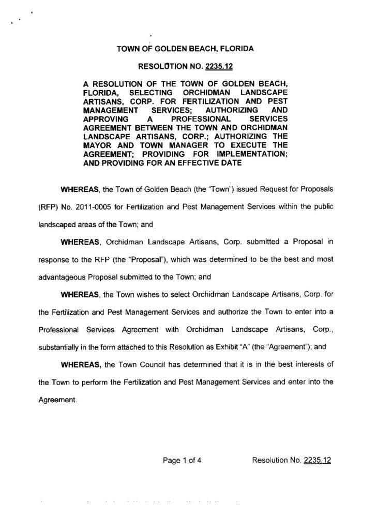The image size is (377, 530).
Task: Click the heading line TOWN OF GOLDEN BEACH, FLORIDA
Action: [x=185, y=50]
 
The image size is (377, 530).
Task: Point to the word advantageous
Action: [x=62, y=277]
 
